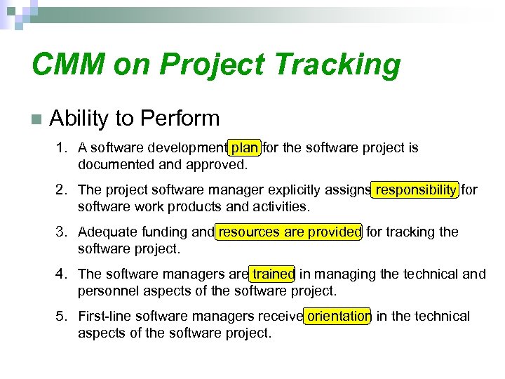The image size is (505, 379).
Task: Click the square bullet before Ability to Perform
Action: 36,119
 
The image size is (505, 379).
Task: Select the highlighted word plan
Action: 245,148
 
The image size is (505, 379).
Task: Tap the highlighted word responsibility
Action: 415,190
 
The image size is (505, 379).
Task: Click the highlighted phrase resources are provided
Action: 290,232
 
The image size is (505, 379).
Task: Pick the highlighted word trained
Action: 273,274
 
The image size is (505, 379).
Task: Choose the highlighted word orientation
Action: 339,317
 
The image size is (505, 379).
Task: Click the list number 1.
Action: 62,148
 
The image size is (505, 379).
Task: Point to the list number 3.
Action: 62,232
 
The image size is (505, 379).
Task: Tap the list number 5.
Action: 62,317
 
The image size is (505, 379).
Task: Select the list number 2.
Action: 62,190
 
